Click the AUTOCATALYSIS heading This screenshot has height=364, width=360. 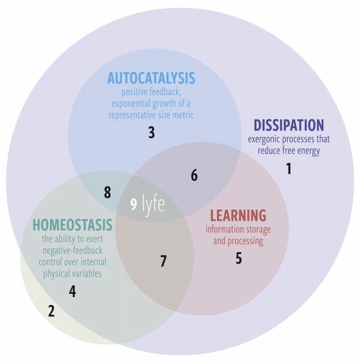coord(151,78)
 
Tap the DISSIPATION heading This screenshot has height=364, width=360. coord(289,125)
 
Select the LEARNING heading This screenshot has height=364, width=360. coord(238,215)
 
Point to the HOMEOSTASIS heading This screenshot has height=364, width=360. coord(72,225)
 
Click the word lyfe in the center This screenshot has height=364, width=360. coord(153,204)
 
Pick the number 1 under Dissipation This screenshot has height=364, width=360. coord(289,169)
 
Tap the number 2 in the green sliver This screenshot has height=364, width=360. coord(51,311)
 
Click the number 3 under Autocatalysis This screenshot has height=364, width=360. coord(151,133)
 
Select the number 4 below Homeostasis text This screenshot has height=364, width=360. coord(72,292)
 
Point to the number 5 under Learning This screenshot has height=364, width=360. coord(239,258)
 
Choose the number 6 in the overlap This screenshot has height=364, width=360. coord(194,175)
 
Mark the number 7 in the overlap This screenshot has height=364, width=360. coord(164,261)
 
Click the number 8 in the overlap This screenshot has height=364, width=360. coord(107,192)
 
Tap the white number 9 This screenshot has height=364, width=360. coord(133,205)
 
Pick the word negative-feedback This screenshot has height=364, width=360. coord(72,250)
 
